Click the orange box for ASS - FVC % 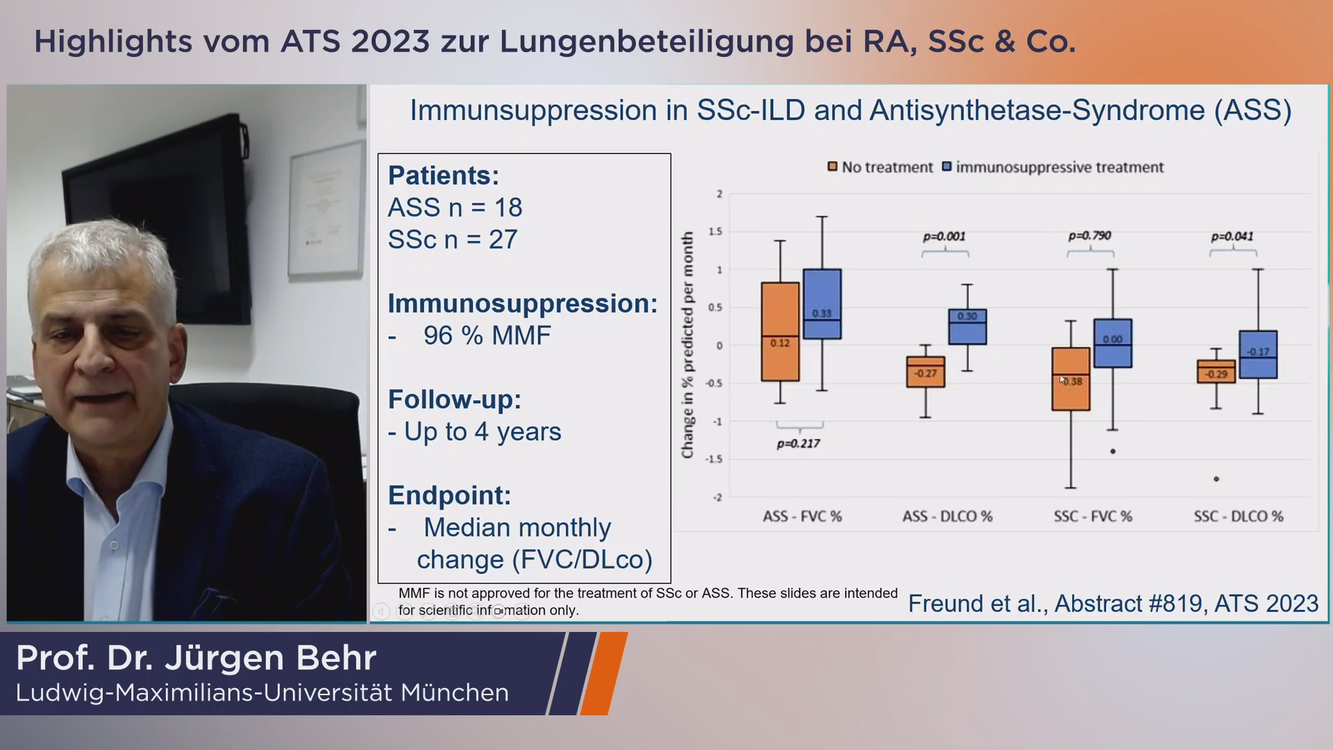pos(780,331)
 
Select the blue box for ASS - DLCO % pos(967,327)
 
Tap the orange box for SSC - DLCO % pos(1216,372)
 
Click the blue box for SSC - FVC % pos(1112,343)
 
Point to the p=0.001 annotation pos(944,236)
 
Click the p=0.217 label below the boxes pos(798,444)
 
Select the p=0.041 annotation pos(1232,236)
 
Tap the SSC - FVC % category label pos(1093,517)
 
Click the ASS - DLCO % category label pos(947,517)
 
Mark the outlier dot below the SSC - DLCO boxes pos(1216,479)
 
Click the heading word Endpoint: pos(449,495)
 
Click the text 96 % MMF pos(487,335)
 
